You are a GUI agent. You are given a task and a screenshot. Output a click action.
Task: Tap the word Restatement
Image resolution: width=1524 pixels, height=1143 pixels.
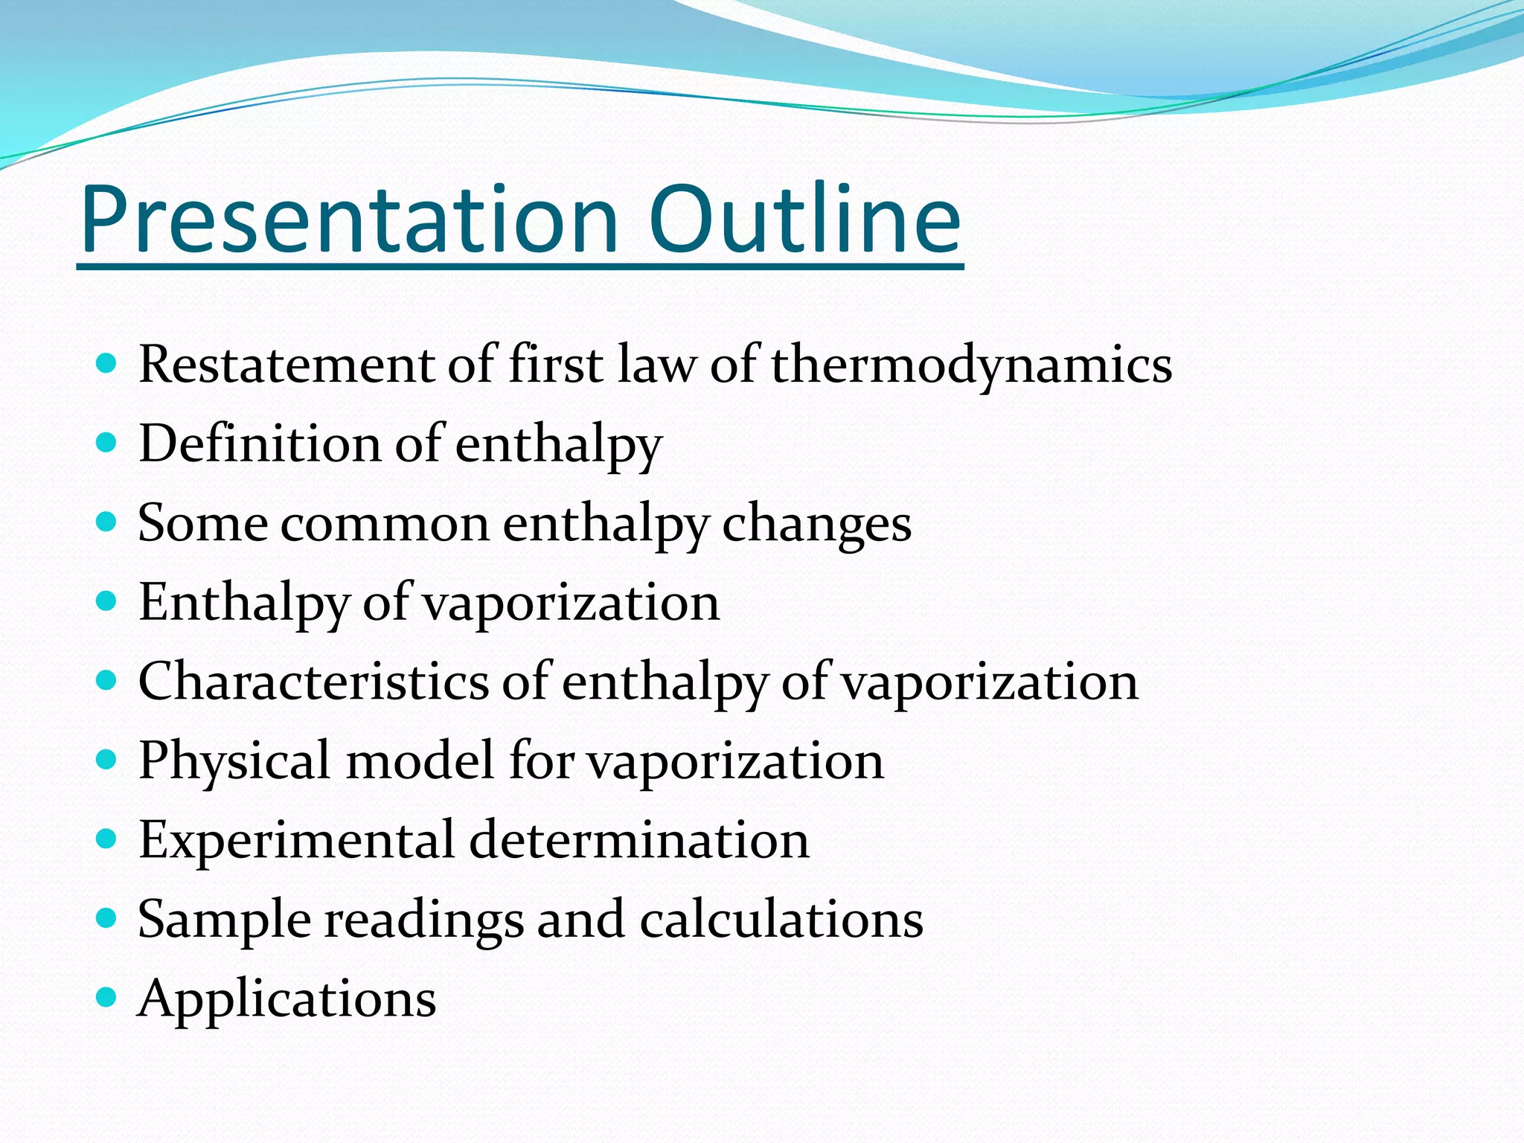(x=286, y=365)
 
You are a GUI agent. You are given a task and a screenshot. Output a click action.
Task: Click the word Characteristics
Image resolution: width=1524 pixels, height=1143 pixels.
(x=313, y=682)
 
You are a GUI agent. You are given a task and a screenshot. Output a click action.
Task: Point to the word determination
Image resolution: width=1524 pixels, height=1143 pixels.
(x=639, y=839)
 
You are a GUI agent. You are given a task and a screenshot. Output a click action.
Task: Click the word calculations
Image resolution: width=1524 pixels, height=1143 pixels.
(x=781, y=919)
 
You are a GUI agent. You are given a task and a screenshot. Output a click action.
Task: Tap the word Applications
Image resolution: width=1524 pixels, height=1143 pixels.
(x=287, y=999)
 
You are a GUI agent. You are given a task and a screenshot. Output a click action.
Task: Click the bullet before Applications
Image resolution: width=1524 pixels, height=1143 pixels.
(x=107, y=997)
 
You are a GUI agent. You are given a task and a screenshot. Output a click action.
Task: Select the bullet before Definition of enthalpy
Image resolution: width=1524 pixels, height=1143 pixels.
(x=107, y=444)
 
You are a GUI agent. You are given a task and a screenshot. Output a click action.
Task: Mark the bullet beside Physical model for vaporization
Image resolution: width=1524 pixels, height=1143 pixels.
(x=107, y=760)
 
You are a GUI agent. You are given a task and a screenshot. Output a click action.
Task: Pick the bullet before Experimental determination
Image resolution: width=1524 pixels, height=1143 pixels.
(x=107, y=839)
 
